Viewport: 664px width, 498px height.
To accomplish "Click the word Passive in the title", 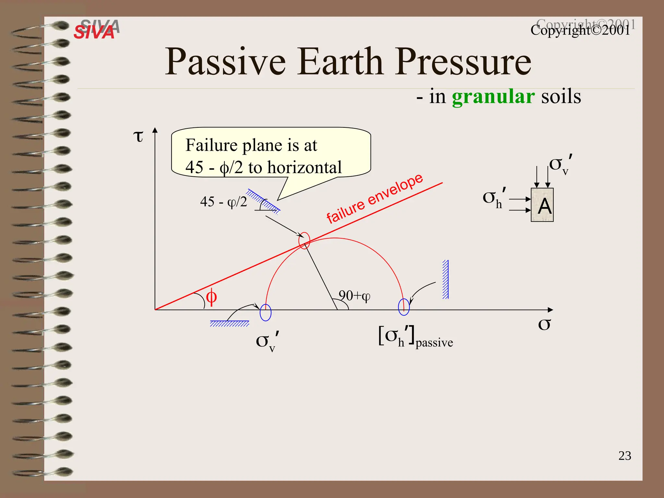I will point(225,62).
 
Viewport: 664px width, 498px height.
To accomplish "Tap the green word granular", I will point(493,97).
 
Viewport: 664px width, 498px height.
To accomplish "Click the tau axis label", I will point(138,136).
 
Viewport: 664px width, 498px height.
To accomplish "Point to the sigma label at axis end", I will point(544,324).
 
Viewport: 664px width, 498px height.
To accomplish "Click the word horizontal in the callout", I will point(304,167).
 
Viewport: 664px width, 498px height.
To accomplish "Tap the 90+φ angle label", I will point(354,295).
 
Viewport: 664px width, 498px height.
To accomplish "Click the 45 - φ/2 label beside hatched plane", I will point(223,202).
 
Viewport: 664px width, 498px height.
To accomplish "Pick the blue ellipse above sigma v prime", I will point(266,313).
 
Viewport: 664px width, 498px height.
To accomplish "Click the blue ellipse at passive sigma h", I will point(404,307).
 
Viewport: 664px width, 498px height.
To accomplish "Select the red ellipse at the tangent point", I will point(304,241).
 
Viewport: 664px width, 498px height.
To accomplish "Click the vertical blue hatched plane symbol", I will point(445,279).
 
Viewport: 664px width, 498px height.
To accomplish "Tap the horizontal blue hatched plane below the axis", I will point(230,323).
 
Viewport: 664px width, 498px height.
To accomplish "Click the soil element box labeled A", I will point(542,205).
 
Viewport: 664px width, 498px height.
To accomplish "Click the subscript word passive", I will point(434,343).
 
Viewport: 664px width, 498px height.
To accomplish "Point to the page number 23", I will point(624,456).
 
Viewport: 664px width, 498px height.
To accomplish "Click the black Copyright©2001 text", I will point(580,30).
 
